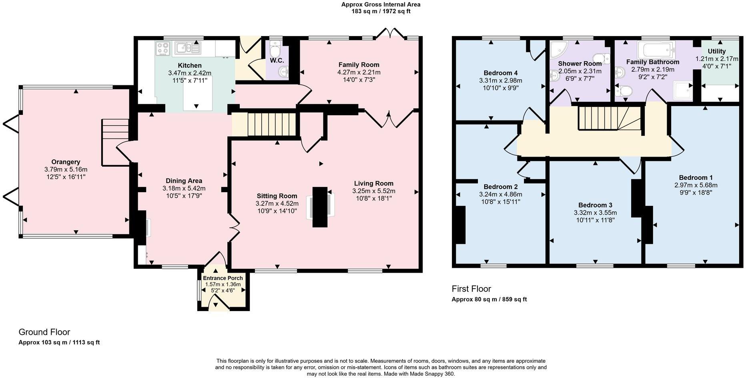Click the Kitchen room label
190,66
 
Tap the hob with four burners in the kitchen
163,49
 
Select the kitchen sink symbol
187,48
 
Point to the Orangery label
66,162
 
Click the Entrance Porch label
223,278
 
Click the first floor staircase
609,118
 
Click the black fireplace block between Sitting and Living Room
320,207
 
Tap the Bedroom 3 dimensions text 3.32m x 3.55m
595,213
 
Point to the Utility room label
716,51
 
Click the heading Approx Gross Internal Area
381,5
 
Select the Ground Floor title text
44,332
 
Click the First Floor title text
471,289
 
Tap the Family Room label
359,65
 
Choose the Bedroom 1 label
696,178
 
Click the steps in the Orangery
115,142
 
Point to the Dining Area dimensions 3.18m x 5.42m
184,188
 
